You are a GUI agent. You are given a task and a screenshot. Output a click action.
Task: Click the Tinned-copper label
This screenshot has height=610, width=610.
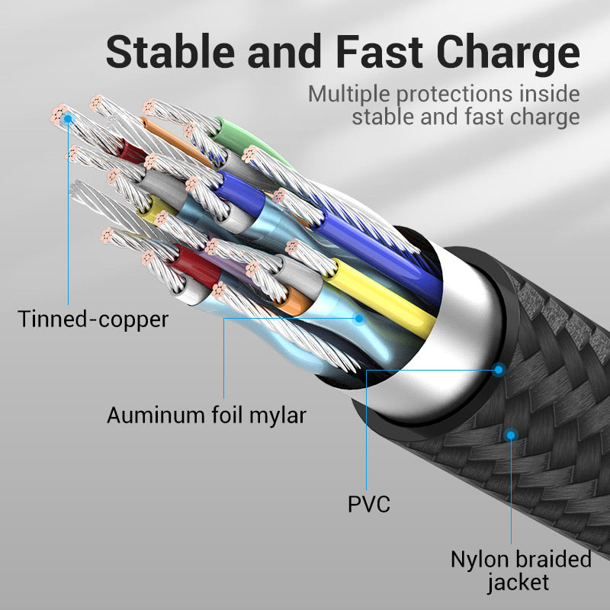(x=93, y=319)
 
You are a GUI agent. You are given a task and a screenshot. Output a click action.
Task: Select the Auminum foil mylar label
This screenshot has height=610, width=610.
(x=206, y=416)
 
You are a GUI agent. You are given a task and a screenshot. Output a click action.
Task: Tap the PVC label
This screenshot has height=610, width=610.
(x=368, y=504)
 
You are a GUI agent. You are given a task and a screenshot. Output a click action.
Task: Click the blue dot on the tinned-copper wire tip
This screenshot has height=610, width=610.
(x=69, y=118)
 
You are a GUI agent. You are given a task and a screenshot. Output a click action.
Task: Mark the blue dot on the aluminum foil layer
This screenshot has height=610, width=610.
(x=358, y=318)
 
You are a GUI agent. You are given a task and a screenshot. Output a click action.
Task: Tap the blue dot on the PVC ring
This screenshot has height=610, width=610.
(x=499, y=370)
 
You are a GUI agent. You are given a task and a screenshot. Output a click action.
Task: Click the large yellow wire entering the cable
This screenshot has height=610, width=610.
(x=381, y=297)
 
